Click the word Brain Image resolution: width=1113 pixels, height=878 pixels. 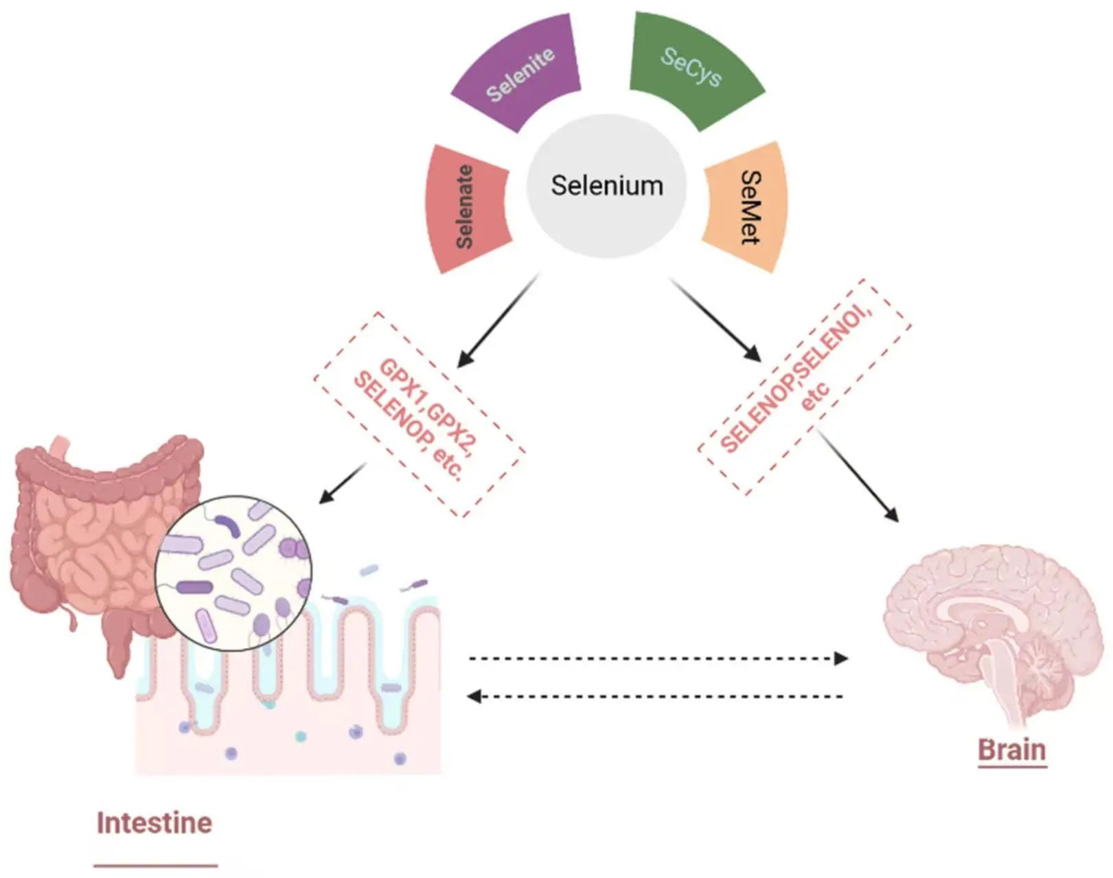pos(1011,750)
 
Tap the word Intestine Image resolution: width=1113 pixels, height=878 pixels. pos(154,822)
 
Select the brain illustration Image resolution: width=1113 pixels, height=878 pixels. pos(989,632)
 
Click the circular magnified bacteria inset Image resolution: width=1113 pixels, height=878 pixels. pos(233,573)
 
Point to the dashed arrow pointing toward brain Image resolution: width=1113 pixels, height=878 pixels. pos(658,659)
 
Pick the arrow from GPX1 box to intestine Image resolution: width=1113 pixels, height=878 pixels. pos(342,483)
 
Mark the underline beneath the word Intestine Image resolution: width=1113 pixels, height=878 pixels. pos(155,866)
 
